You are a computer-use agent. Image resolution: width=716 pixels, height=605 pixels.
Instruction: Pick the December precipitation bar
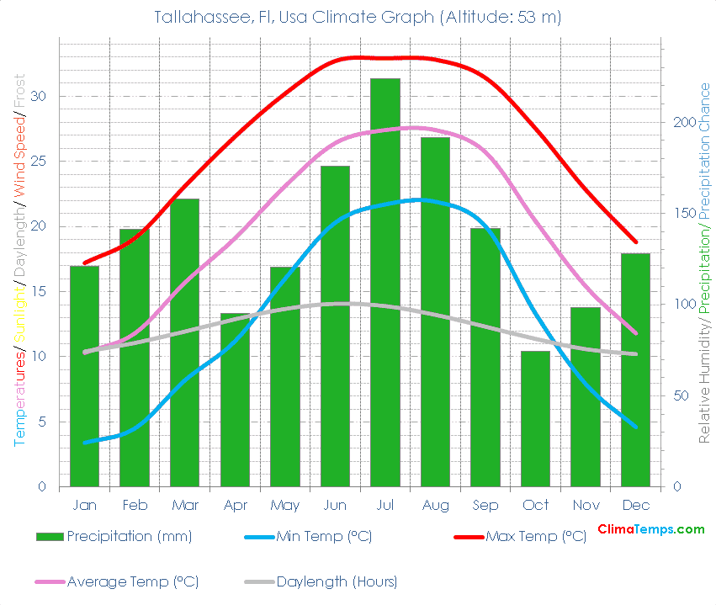tap(635, 369)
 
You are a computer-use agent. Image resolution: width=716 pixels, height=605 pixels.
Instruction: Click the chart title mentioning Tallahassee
tap(358, 18)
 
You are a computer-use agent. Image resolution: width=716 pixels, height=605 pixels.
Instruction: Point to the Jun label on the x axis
tap(335, 506)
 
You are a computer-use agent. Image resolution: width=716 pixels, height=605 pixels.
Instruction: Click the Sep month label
tap(485, 506)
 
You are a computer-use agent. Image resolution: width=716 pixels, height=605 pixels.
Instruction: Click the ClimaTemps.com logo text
tap(650, 529)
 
